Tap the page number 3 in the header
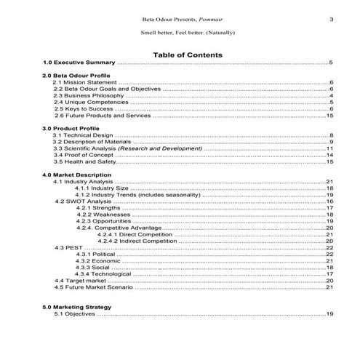331,19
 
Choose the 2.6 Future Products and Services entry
103,116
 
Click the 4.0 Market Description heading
77,175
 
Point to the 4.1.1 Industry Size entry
102,188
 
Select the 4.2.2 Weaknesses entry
103,215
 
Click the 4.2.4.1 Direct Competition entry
137,234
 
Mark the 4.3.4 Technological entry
103,273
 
